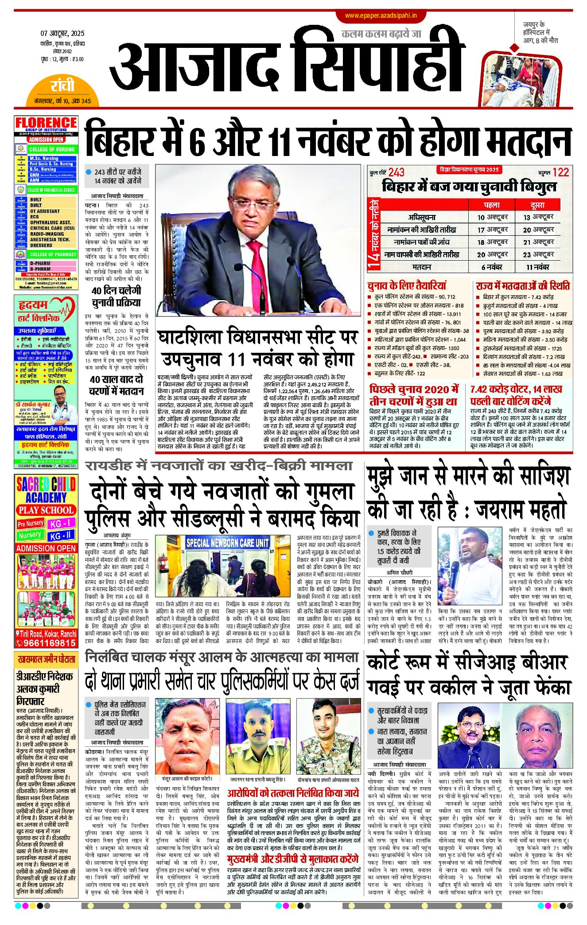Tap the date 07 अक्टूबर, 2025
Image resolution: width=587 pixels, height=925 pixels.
[62, 33]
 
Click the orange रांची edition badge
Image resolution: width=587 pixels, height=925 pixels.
[62, 86]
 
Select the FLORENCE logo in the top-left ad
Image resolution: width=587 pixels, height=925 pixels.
[46, 123]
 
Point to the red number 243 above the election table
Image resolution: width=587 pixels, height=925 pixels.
[397, 172]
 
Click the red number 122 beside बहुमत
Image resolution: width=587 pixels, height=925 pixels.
[560, 172]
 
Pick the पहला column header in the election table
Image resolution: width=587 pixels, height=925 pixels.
[492, 205]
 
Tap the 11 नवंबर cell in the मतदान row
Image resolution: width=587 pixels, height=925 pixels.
[538, 267]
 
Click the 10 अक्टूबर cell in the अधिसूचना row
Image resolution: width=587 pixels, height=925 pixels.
[492, 217]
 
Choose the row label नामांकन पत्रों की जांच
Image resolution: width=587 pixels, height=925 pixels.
[422, 242]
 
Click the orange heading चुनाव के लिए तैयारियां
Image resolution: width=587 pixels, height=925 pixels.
[407, 285]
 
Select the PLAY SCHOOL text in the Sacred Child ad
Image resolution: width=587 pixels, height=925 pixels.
[46, 510]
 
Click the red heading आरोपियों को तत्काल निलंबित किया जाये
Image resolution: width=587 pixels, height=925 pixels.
[293, 793]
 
